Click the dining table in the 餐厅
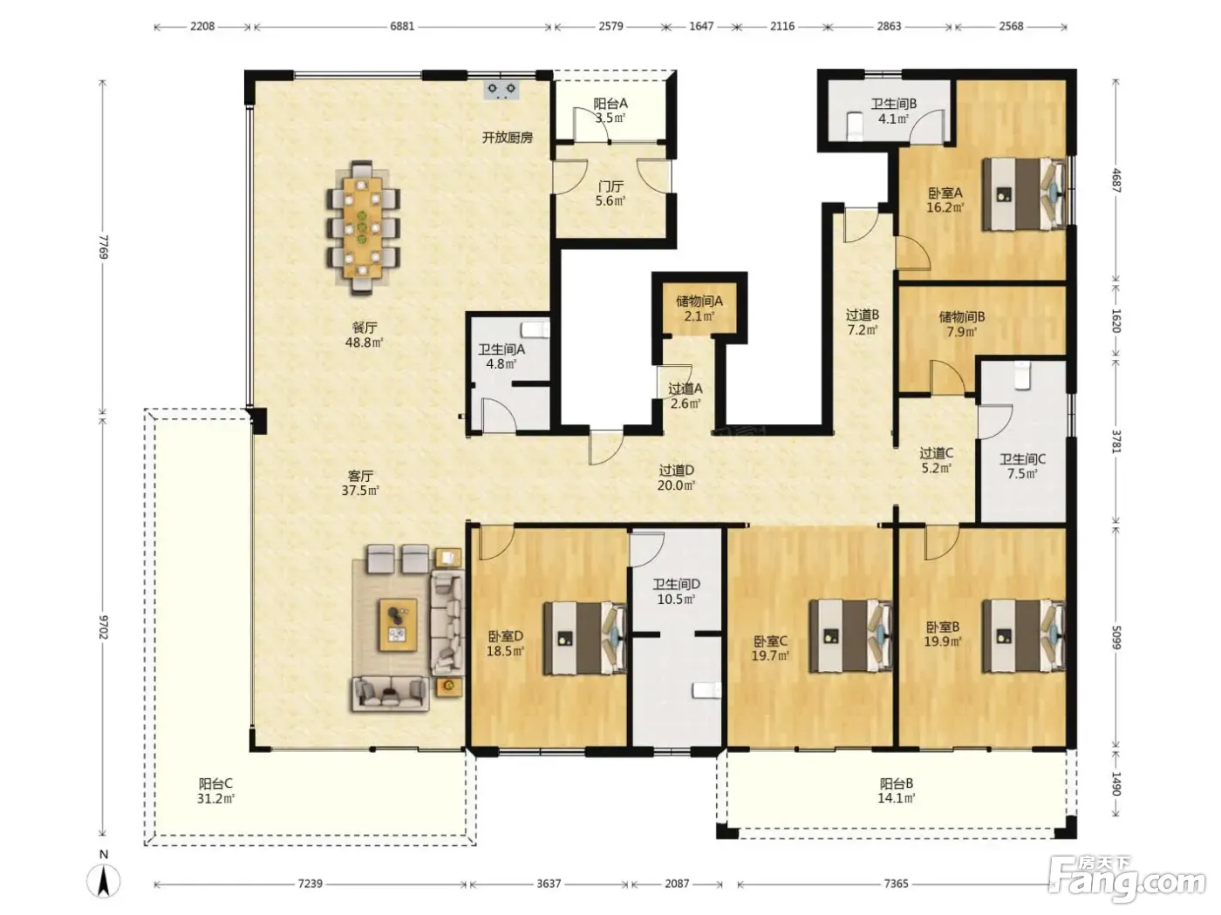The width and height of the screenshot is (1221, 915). click(362, 227)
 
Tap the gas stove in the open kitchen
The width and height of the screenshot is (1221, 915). click(501, 91)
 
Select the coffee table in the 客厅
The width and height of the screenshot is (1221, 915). click(397, 625)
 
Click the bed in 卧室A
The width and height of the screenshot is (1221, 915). click(1024, 193)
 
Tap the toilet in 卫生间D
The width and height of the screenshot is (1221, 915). click(706, 690)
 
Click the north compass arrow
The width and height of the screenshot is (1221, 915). click(104, 881)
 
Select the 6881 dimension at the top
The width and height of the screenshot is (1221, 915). click(402, 27)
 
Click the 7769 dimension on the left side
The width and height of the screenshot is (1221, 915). click(103, 247)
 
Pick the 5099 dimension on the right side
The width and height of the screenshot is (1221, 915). click(1115, 637)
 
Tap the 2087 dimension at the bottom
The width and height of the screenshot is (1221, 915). click(677, 884)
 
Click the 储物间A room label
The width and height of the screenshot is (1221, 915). click(699, 302)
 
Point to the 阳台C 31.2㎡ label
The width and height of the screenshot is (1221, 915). click(215, 791)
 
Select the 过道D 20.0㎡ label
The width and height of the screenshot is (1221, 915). click(677, 478)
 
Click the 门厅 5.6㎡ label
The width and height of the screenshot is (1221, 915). click(610, 193)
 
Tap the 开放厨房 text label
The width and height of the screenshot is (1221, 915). click(508, 137)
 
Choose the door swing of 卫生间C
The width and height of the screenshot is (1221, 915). click(995, 422)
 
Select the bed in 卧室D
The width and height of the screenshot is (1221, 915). click(584, 638)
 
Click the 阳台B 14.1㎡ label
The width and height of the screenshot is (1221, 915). click(897, 790)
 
